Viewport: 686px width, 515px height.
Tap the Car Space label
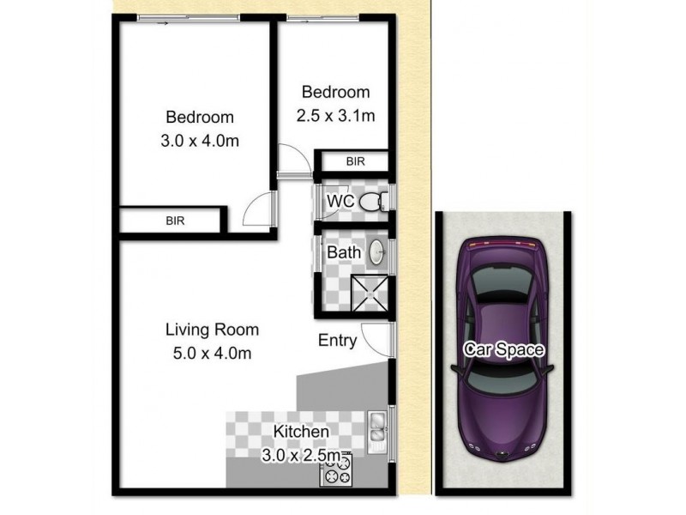tap(505, 348)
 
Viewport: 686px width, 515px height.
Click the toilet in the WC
tap(371, 203)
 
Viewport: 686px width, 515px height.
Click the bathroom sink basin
tap(376, 252)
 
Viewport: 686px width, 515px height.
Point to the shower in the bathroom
tap(370, 292)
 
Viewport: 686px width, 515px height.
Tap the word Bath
tap(342, 253)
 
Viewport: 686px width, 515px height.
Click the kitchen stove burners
tap(337, 470)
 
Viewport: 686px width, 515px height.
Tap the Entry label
tap(338, 341)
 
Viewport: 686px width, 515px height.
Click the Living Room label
tap(212, 329)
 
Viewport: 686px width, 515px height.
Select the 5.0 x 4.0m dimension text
tap(211, 352)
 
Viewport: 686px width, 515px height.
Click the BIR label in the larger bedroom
tap(175, 221)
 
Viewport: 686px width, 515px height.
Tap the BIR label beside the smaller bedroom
tap(354, 161)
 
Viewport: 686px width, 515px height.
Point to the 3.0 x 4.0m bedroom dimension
tap(200, 142)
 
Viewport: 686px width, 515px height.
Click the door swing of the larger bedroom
tap(258, 209)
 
